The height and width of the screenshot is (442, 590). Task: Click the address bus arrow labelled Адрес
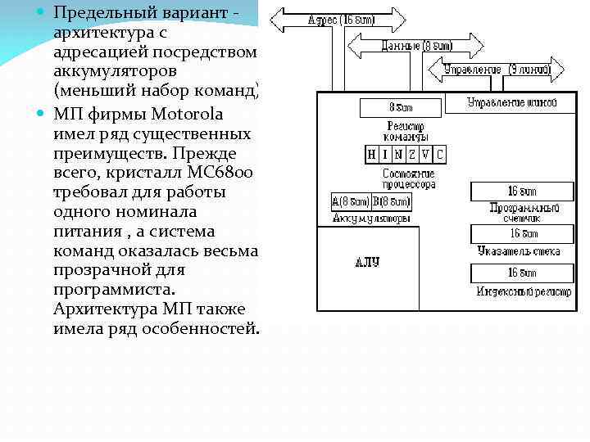(x=338, y=20)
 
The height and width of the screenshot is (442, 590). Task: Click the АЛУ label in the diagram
(x=367, y=262)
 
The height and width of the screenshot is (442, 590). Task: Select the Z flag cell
(x=414, y=154)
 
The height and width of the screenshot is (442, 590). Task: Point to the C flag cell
(x=440, y=154)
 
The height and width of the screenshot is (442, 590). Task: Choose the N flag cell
(x=400, y=154)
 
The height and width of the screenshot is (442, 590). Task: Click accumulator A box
(x=350, y=201)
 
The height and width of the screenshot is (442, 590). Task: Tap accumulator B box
(x=391, y=201)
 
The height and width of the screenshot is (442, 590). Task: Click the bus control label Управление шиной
(x=511, y=103)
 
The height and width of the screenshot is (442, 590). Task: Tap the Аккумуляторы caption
(x=370, y=219)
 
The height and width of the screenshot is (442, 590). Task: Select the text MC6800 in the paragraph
(x=221, y=172)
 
